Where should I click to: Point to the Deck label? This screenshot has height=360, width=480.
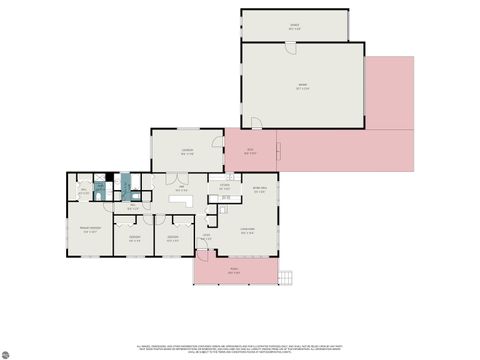click(251, 152)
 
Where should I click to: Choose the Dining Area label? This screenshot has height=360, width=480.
click(259, 190)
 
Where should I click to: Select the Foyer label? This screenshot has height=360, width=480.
click(206, 237)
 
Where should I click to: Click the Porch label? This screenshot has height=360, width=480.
click(233, 271)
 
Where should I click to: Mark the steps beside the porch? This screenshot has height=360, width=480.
click(286, 278)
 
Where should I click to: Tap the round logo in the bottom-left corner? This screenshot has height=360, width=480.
click(7, 353)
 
